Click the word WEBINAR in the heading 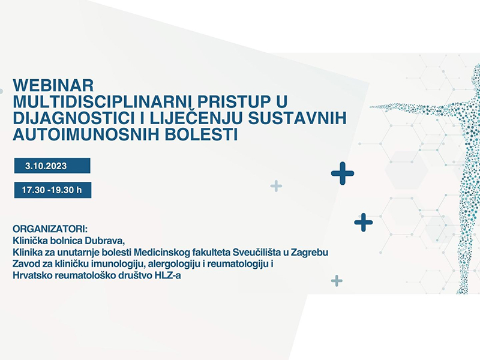click(53, 85)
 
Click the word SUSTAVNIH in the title click(297, 118)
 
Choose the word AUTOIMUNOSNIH click(86, 134)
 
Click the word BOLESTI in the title click(201, 134)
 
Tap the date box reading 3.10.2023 click(52, 166)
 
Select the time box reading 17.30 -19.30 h click(53, 190)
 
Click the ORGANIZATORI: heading click(50, 229)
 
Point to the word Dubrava click(104, 241)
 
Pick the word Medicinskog click(161, 252)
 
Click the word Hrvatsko click(32, 275)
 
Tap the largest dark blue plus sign click(343, 173)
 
